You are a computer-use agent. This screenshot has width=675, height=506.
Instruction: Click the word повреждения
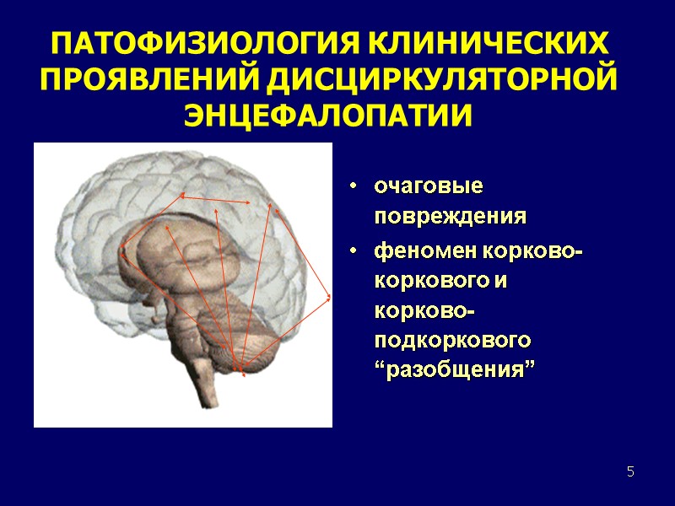[x=451, y=216]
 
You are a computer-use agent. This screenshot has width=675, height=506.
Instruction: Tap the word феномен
[x=425, y=251]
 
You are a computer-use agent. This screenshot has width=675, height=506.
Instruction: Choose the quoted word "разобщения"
[x=456, y=370]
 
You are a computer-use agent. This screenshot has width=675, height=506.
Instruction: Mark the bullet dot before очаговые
[x=356, y=185]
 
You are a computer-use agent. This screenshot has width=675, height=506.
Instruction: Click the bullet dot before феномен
[x=356, y=252]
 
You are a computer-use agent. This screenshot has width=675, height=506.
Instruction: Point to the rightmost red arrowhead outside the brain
[x=329, y=297]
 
